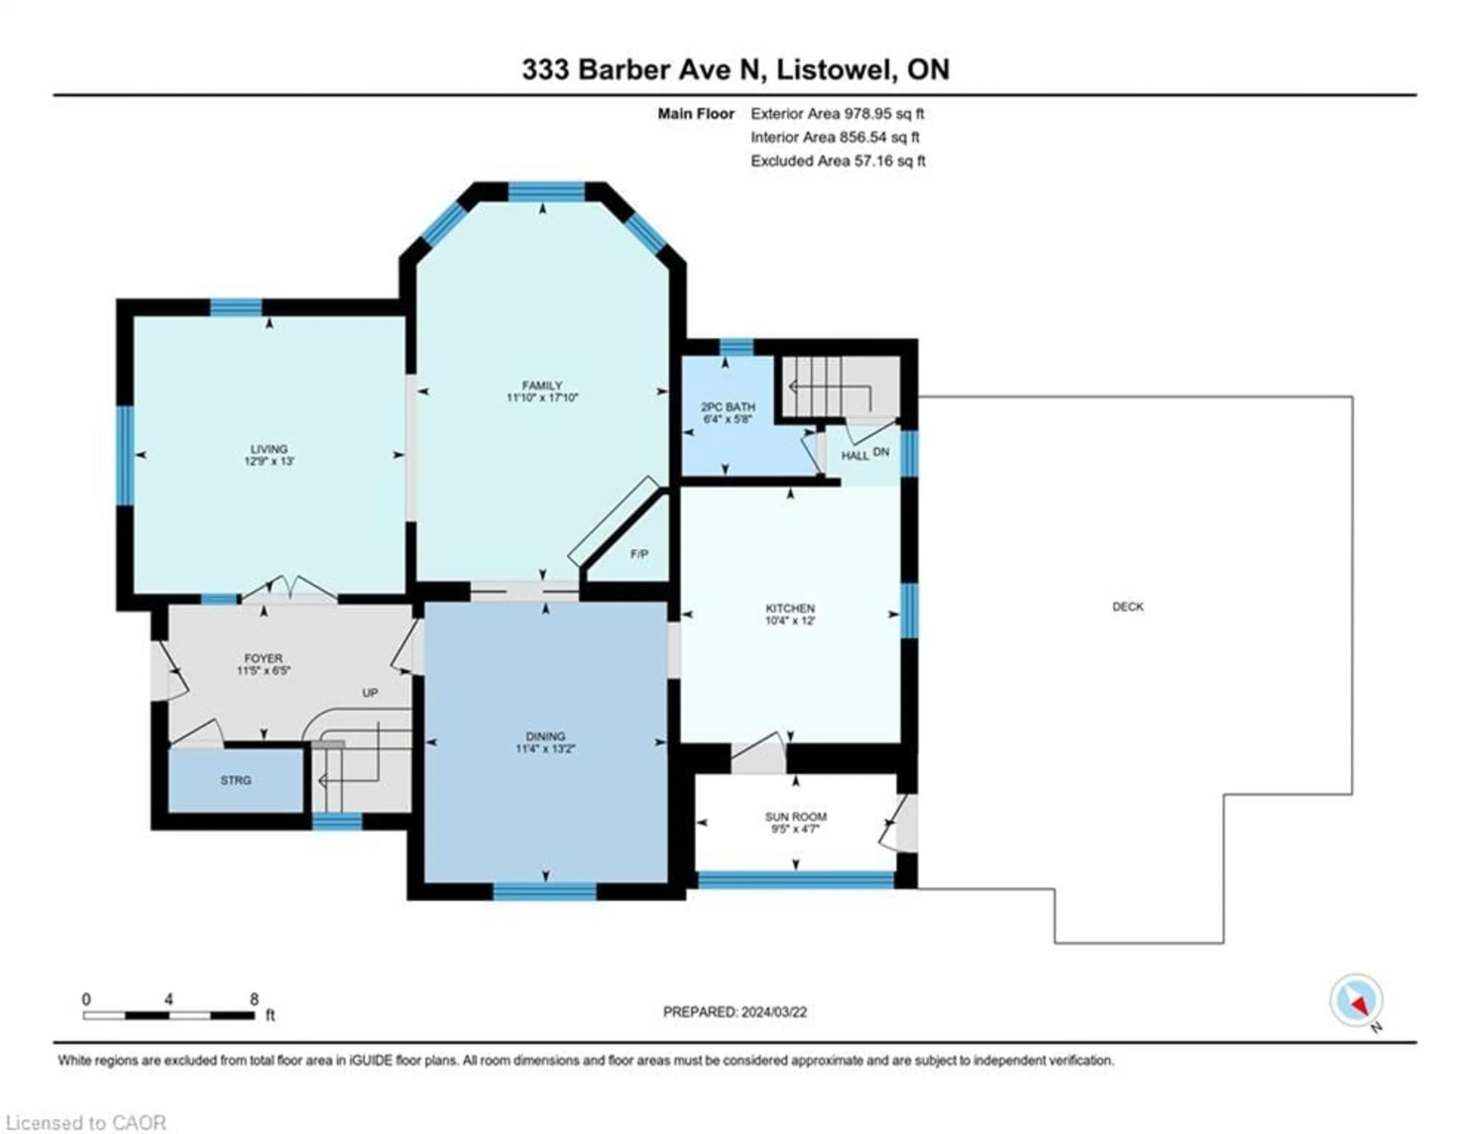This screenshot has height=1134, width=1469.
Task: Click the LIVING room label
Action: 269,449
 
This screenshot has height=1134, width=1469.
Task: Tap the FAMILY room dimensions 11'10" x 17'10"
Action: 542,398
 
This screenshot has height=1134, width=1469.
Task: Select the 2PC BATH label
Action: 728,407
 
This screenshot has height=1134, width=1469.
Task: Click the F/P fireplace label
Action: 639,554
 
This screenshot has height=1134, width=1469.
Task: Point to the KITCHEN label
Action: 790,608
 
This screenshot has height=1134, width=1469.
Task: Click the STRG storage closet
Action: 235,780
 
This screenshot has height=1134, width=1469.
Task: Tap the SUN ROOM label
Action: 796,816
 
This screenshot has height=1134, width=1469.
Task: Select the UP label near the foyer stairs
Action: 370,693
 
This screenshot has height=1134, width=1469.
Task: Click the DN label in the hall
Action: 881,452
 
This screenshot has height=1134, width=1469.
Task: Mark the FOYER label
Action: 263,658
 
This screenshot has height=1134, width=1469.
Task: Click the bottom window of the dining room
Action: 545,892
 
